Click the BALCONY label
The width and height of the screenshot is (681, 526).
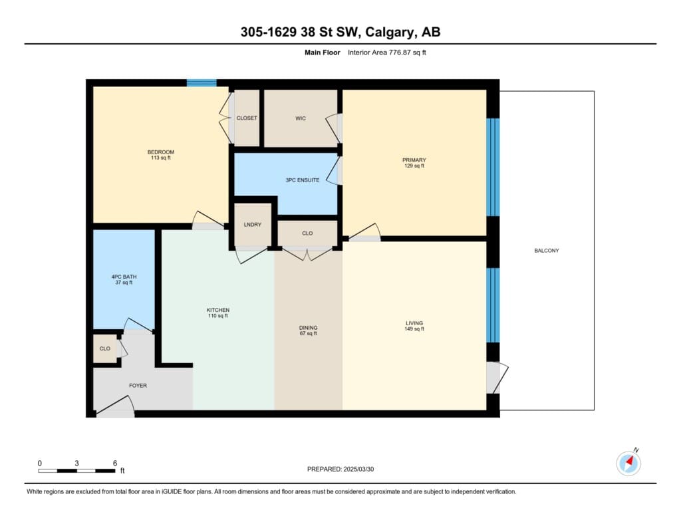click(547, 251)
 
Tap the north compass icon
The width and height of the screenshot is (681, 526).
click(628, 463)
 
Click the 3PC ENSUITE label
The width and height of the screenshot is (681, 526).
click(303, 180)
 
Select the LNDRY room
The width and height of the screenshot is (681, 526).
click(253, 225)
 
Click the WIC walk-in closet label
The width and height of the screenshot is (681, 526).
click(301, 118)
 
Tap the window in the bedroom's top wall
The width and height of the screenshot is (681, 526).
click(202, 83)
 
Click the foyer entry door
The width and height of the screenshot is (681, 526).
click(115, 406)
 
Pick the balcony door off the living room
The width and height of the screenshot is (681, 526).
click(497, 378)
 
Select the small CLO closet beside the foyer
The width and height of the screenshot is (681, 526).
click(105, 349)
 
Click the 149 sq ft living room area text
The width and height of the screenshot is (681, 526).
click(414, 329)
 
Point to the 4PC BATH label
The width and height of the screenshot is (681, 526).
click(124, 277)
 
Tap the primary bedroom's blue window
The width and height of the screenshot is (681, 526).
click(493, 167)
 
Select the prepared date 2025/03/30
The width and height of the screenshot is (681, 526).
click(358, 469)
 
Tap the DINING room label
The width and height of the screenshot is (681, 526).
click(308, 328)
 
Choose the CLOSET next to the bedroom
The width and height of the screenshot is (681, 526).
click(247, 118)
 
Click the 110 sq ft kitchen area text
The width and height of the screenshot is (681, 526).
click(218, 316)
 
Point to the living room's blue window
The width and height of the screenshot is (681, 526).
click(493, 305)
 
